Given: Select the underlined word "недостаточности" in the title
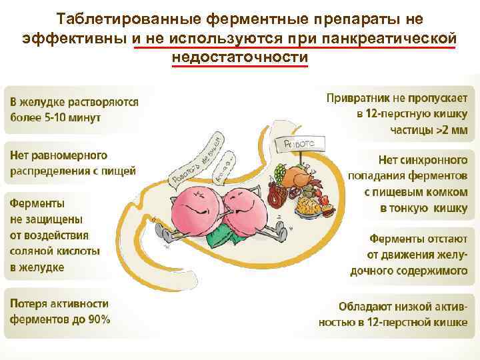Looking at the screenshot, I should [239, 58].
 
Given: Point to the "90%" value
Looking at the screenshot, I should [98, 319].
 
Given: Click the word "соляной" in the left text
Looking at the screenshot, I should [29, 251].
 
